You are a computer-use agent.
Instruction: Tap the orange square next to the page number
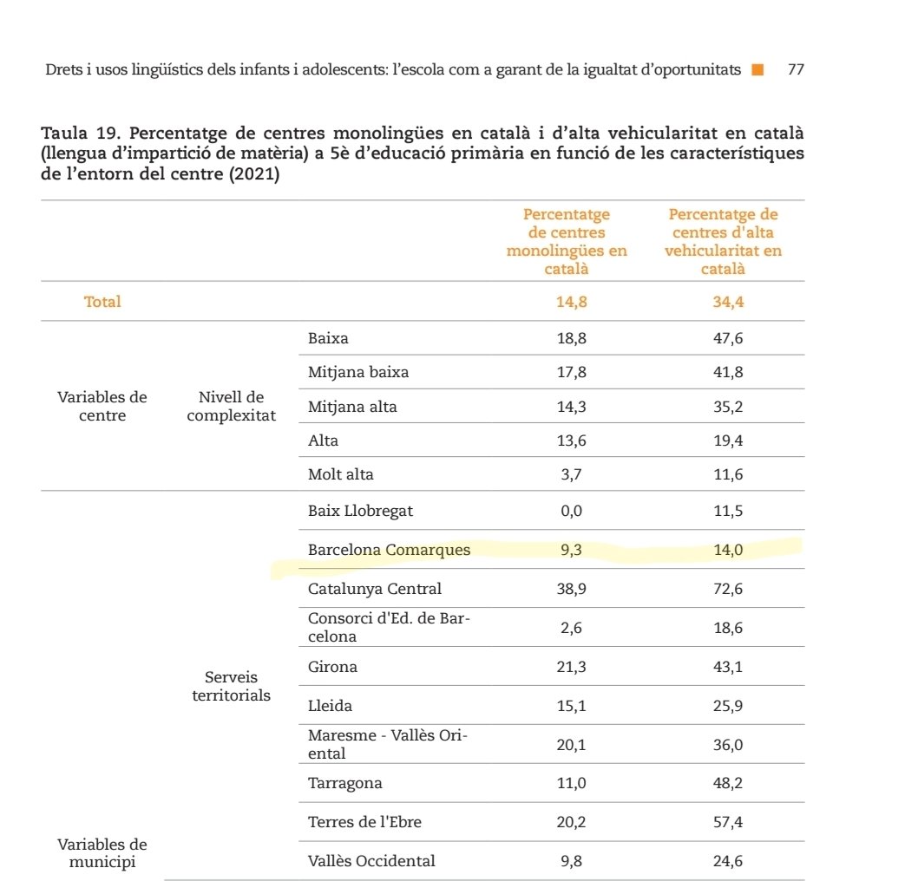coord(757,69)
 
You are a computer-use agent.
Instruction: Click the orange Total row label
coord(102,303)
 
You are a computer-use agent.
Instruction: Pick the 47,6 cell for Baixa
coord(727,338)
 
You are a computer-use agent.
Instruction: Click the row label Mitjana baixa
coord(357,373)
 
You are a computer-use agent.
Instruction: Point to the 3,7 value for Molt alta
coord(570,475)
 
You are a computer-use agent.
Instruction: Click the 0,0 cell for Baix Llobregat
coord(570,511)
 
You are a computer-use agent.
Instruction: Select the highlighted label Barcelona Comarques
coord(389,550)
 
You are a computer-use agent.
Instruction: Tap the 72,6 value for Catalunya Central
coord(727,590)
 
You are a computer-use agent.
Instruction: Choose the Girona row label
coord(332,668)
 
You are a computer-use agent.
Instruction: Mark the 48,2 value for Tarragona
coord(727,784)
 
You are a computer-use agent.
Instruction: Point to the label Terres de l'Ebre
coord(364,822)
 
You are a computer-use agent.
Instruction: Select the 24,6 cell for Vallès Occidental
coord(727,861)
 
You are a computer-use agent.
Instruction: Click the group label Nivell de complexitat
coord(231,407)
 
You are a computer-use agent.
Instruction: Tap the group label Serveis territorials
coord(231,686)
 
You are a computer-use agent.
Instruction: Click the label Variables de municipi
coord(102,852)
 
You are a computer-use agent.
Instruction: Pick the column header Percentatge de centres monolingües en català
coord(567,242)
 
